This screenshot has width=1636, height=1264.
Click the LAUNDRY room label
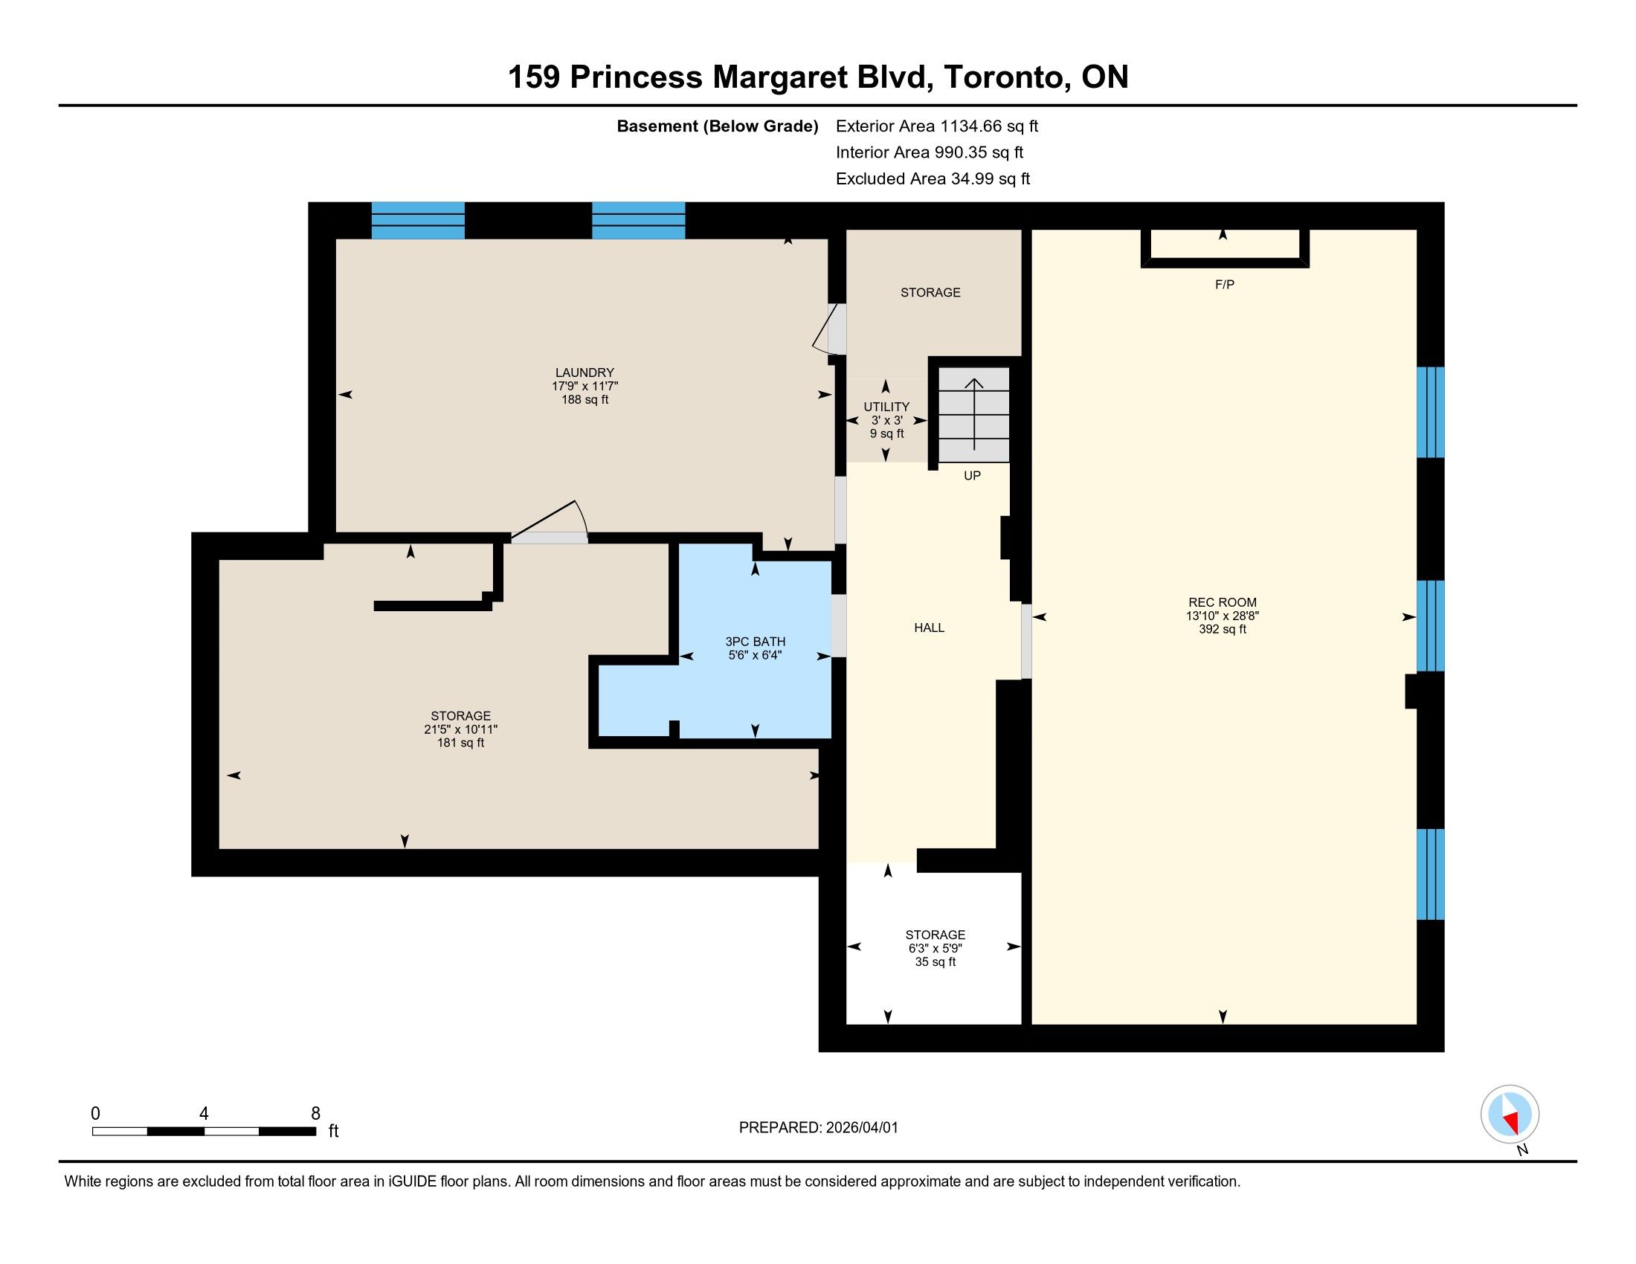[584, 373]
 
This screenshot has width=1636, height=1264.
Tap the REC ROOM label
[1222, 602]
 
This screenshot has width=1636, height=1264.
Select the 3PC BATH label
[755, 642]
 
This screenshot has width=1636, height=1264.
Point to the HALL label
[929, 628]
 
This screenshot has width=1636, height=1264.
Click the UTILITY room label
[886, 407]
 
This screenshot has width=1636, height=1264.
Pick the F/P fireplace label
[1224, 285]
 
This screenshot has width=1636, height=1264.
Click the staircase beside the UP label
[974, 414]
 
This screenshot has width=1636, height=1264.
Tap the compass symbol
[1510, 1114]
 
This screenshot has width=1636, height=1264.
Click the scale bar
[204, 1132]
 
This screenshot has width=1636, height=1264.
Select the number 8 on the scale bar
[315, 1113]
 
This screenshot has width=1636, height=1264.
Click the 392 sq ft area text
[1222, 629]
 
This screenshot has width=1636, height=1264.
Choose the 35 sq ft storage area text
[935, 961]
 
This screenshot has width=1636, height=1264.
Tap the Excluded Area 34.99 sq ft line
[933, 179]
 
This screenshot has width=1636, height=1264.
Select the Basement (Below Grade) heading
[717, 126]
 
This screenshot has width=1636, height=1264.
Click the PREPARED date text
[818, 1128]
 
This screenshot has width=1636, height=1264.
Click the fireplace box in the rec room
[1224, 262]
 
